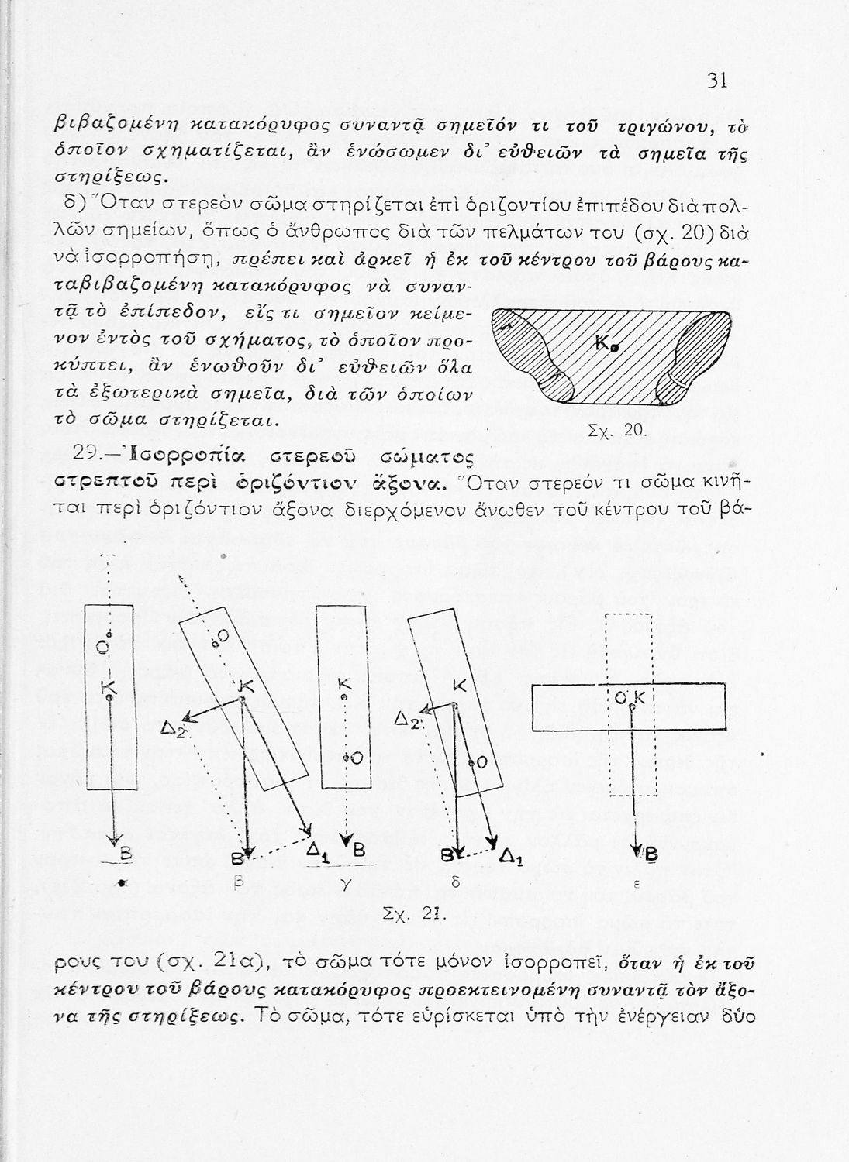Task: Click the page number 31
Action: pyautogui.click(x=716, y=81)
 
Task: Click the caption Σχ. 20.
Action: pyautogui.click(x=618, y=431)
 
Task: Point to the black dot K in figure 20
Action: pyautogui.click(x=615, y=349)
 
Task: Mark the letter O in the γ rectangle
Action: pyautogui.click(x=357, y=758)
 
